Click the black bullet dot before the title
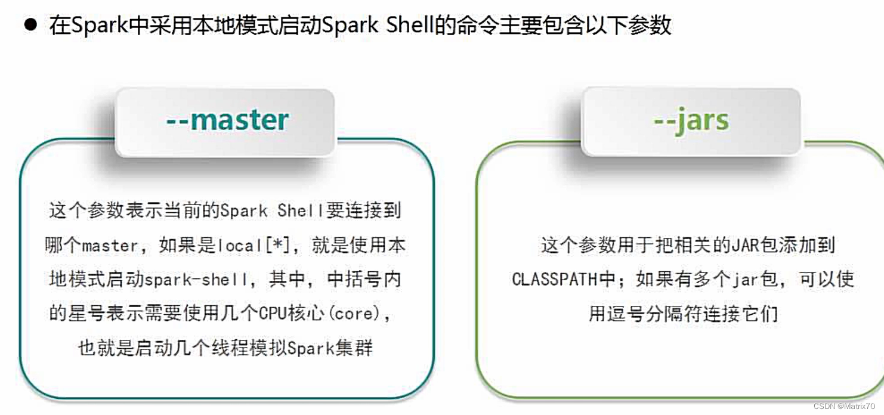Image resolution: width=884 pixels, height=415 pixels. [x=30, y=26]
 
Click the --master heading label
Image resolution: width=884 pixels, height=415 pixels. [x=227, y=120]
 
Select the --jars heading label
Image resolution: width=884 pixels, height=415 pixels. [x=691, y=121]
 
